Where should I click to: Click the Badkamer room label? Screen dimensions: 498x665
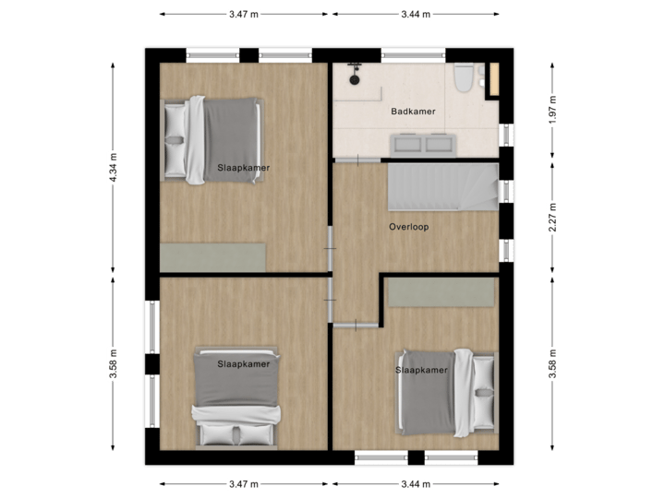(413, 112)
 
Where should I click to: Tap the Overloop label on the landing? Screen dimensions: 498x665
(408, 226)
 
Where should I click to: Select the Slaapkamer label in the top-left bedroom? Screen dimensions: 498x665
(237, 168)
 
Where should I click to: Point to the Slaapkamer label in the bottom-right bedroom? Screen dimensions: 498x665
(421, 370)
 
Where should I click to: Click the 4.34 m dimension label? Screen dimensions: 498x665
(114, 167)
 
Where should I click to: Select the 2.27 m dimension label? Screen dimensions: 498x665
(551, 218)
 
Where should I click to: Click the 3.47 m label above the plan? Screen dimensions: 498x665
(243, 14)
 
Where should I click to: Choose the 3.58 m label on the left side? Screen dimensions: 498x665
(114, 356)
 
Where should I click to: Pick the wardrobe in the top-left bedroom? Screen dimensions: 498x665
(212, 256)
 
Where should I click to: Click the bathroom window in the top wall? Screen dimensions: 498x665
(408, 53)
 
